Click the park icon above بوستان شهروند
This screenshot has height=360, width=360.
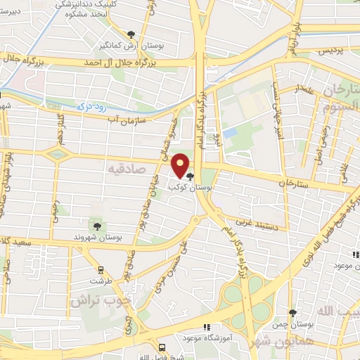point(97,226)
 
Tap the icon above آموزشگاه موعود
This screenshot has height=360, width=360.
point(206,327)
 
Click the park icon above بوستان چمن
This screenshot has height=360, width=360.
point(293,313)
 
